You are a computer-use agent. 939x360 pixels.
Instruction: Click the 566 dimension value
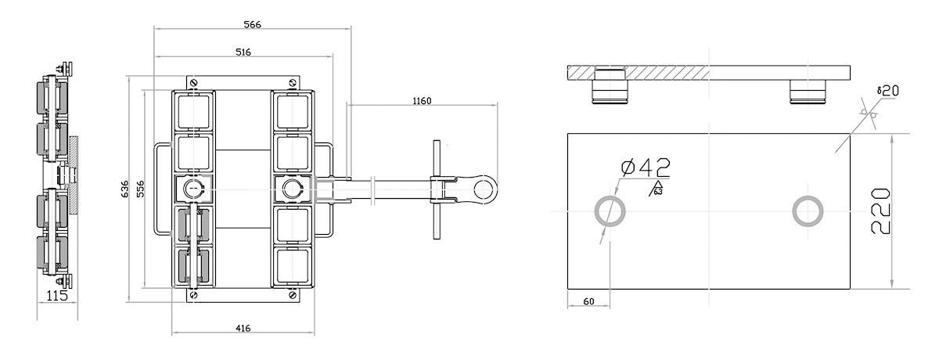click(x=251, y=24)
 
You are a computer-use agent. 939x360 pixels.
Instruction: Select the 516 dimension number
click(x=243, y=52)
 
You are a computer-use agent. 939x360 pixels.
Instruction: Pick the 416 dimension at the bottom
click(x=243, y=329)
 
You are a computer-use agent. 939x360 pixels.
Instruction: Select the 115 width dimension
click(x=57, y=297)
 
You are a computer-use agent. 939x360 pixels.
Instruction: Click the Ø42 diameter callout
click(x=644, y=167)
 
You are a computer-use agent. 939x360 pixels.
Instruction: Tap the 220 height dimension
click(x=881, y=211)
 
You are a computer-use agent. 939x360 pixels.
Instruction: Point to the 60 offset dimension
click(x=588, y=301)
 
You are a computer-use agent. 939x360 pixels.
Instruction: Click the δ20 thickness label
click(x=887, y=91)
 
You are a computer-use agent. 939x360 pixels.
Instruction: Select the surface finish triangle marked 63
click(x=656, y=188)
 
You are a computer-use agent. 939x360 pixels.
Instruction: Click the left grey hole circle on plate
click(x=610, y=211)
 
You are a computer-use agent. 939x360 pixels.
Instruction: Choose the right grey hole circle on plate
click(x=807, y=211)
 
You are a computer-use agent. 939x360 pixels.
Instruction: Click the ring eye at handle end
click(x=486, y=189)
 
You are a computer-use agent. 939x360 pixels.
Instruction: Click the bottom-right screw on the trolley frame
click(x=291, y=296)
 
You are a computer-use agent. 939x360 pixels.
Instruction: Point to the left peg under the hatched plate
click(x=610, y=88)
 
